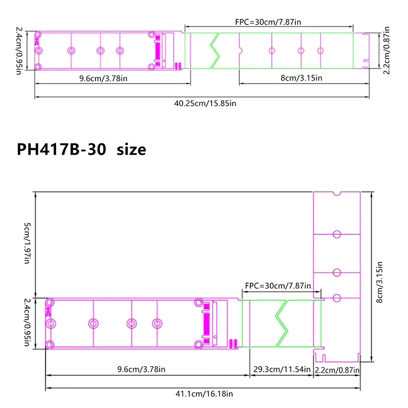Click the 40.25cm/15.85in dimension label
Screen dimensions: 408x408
click(x=205, y=103)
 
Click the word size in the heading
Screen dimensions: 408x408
click(x=131, y=149)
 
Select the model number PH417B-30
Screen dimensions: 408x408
click(x=61, y=149)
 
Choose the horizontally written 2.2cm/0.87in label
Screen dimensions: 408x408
click(x=337, y=369)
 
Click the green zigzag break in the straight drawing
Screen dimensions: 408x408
click(x=215, y=50)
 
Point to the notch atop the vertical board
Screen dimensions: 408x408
click(x=336, y=193)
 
